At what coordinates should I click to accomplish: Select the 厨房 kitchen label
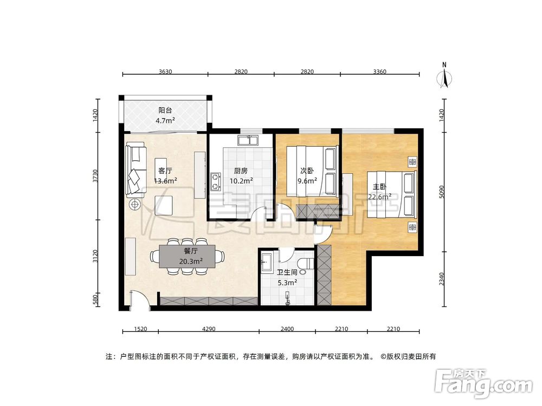tap(241, 171)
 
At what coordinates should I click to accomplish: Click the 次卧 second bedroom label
tap(307, 171)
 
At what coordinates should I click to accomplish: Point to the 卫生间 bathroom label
tap(287, 273)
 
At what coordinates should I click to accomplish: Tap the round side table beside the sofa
tap(134, 204)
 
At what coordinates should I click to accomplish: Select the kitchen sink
tap(250, 142)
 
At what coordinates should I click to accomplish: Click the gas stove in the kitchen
tap(216, 181)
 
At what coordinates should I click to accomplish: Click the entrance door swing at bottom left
tap(138, 299)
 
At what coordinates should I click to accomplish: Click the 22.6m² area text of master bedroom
tap(380, 197)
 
